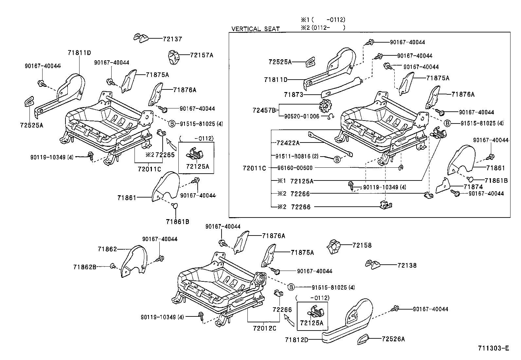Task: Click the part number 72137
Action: tap(172, 39)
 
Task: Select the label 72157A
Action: tap(201, 55)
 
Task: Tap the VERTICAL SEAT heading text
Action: tap(256, 29)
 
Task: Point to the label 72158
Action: tap(362, 245)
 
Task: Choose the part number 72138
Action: tap(407, 265)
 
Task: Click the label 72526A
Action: tap(393, 339)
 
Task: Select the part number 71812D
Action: tap(296, 340)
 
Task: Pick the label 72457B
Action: tap(264, 110)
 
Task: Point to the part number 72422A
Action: tap(288, 143)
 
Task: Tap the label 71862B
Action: tap(84, 267)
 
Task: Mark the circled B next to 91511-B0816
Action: tap(337, 160)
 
